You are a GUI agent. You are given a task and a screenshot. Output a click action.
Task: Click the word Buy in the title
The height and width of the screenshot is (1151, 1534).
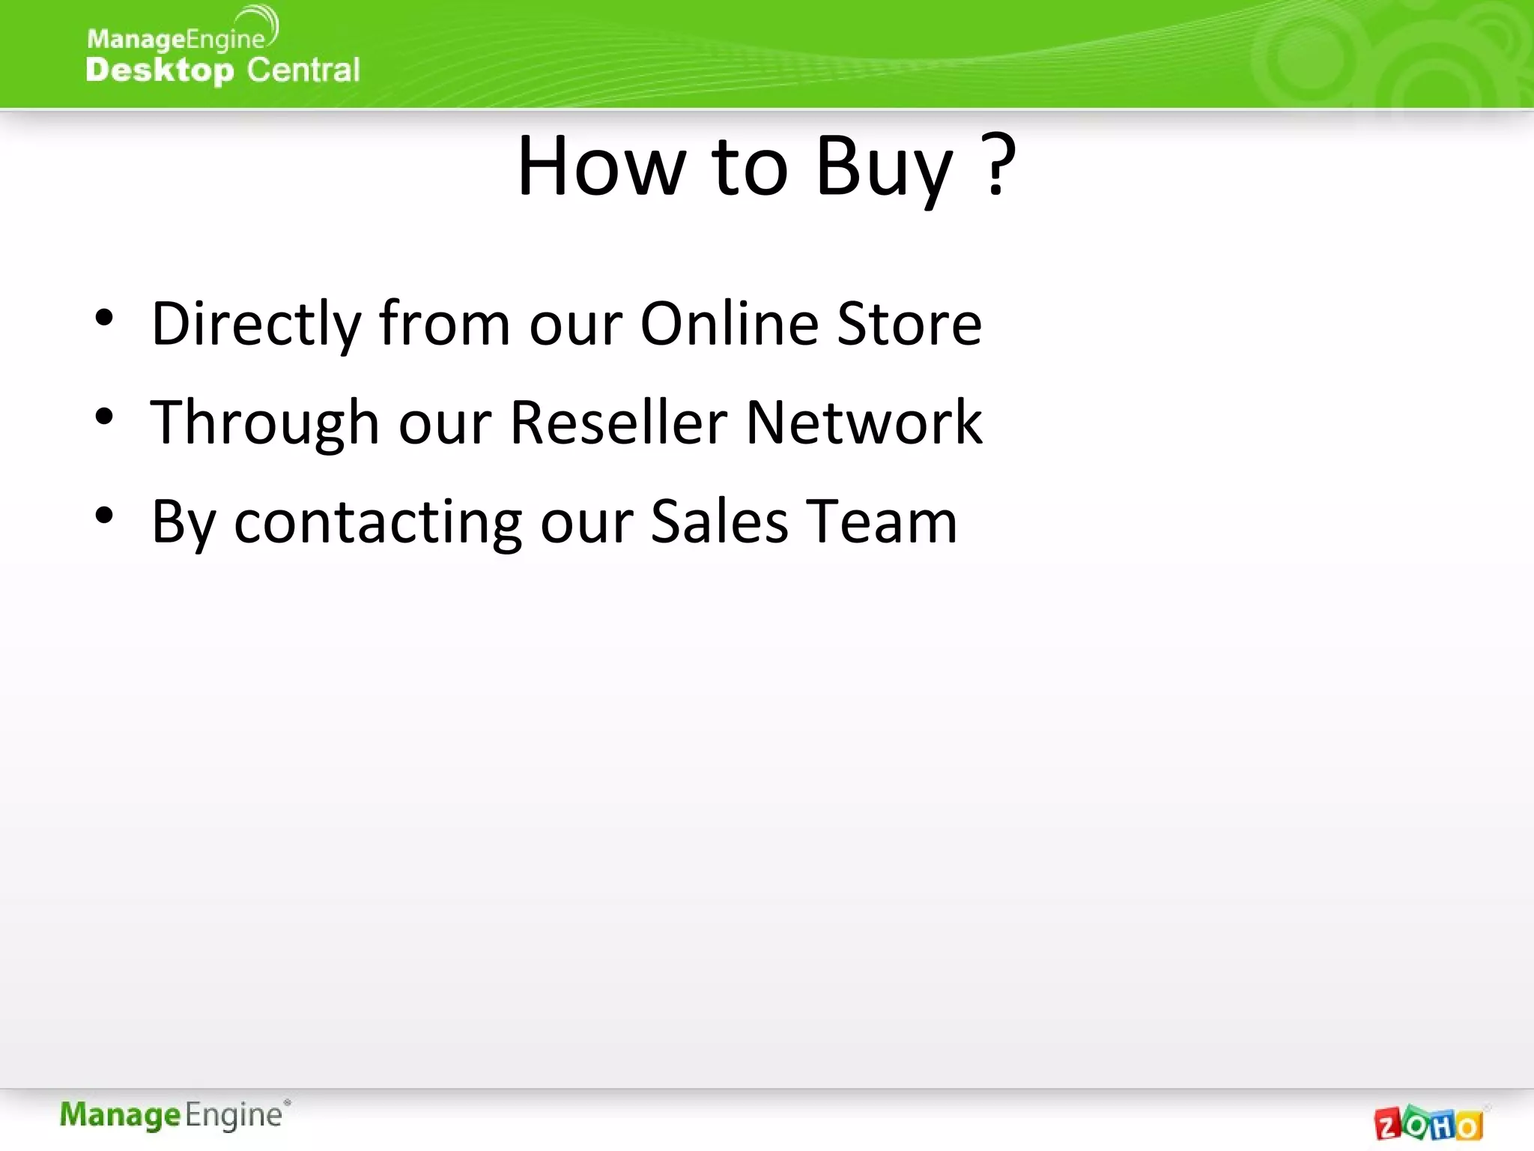[x=884, y=168]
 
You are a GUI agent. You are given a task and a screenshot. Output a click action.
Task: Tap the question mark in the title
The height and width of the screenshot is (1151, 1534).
[x=998, y=165]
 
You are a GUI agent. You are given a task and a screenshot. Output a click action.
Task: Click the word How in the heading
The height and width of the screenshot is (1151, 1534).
[x=601, y=166]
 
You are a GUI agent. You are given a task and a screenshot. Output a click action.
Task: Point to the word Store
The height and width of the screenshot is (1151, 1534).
[x=909, y=324]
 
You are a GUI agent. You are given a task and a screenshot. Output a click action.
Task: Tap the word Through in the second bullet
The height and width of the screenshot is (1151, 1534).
[x=264, y=423]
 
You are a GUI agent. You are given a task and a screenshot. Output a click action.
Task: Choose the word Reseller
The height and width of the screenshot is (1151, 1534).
[x=618, y=423]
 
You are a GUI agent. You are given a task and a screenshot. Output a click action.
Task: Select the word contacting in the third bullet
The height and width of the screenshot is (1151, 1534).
[x=378, y=522]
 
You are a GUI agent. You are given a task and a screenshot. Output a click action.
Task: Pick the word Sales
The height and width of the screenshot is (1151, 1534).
[x=719, y=522]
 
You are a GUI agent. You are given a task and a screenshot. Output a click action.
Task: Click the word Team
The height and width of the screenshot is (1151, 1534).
[x=882, y=522]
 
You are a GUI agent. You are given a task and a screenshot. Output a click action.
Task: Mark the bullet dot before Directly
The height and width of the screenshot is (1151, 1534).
[x=104, y=318]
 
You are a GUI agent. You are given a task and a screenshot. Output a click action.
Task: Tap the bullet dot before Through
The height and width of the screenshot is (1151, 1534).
[x=104, y=417]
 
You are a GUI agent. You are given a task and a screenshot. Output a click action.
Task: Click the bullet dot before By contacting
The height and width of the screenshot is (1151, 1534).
[x=104, y=516]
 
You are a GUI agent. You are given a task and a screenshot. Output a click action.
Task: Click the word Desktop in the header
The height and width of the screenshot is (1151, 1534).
[x=160, y=70]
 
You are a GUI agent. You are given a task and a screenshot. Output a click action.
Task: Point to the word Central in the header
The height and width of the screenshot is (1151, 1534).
[x=303, y=70]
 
